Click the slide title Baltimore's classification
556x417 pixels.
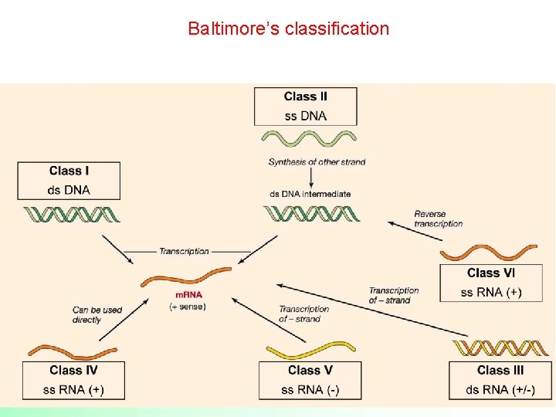coord(288,29)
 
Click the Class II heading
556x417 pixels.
coord(306,97)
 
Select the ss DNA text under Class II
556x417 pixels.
coord(306,116)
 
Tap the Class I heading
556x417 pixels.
coord(69,171)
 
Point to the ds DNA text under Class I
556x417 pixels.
coord(69,190)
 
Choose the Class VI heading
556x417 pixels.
coord(491,273)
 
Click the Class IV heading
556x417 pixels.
coord(73,371)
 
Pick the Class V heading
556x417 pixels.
coord(310,371)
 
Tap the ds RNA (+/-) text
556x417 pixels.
coord(500,390)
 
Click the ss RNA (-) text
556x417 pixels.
coord(310,390)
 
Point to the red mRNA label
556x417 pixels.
coord(189,296)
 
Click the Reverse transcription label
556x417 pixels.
coord(438,219)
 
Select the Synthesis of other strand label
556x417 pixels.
coord(317,162)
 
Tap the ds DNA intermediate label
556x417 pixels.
coord(310,194)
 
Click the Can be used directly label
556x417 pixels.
coord(97,315)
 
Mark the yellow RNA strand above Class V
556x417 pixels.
coord(310,351)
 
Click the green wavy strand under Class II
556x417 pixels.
coord(308,139)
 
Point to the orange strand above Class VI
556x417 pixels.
coord(488,253)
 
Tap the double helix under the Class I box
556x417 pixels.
coord(72,214)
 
